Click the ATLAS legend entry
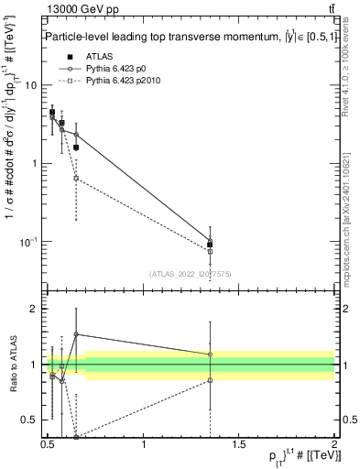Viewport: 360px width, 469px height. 95,57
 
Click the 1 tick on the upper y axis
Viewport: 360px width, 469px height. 35,164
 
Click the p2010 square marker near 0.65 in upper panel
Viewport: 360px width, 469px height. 76,178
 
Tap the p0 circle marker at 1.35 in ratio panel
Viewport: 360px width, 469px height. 211,354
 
